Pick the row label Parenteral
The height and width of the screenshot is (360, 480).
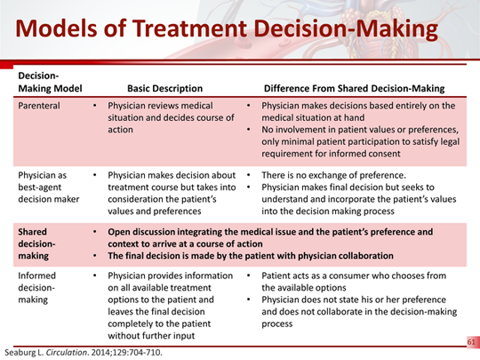point(41,106)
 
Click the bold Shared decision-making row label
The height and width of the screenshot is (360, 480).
point(39,244)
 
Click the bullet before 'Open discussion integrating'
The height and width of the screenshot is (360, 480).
point(96,231)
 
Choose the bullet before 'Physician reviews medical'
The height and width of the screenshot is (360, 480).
point(96,106)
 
